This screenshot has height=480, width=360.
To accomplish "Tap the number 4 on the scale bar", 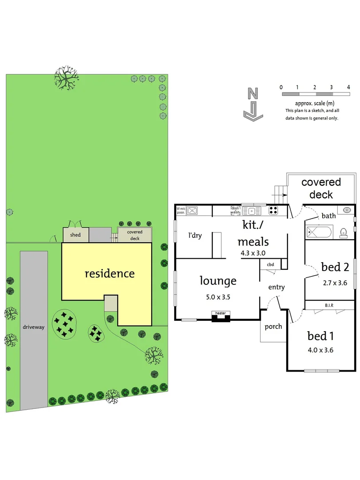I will click(x=349, y=87).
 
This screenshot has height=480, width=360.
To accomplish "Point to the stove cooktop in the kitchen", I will click(x=274, y=211).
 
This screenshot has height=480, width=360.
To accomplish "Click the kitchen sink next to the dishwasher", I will click(x=254, y=211).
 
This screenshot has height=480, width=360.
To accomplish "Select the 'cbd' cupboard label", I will click(x=270, y=265).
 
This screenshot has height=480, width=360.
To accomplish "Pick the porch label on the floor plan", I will click(x=273, y=327).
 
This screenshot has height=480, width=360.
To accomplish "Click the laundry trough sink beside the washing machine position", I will click(x=193, y=211).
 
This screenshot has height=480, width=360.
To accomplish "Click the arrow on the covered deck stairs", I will click(x=283, y=194).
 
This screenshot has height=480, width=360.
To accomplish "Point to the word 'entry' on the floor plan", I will click(x=276, y=288).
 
